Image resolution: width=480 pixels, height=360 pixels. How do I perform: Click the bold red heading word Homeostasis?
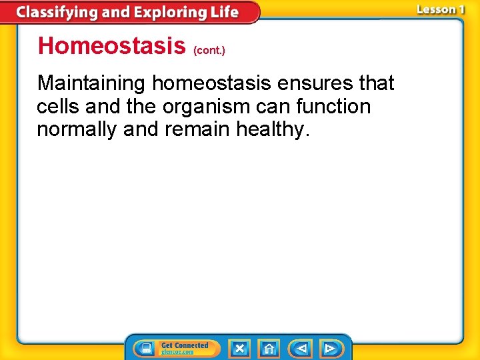(111, 46)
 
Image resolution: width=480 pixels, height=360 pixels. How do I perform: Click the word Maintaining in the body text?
(91, 83)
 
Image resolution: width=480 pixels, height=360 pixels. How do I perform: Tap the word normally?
(77, 129)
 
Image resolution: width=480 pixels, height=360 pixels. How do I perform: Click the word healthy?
(273, 129)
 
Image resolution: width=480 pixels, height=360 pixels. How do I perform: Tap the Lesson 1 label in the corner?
(440, 9)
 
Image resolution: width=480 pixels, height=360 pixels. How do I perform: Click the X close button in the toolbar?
(239, 348)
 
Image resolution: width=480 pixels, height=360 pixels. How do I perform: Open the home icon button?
(269, 348)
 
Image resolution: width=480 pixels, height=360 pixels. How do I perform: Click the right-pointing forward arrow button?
(329, 348)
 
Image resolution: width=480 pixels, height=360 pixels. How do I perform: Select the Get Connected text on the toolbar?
(185, 345)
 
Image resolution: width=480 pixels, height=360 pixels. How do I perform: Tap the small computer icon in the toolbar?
(146, 348)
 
